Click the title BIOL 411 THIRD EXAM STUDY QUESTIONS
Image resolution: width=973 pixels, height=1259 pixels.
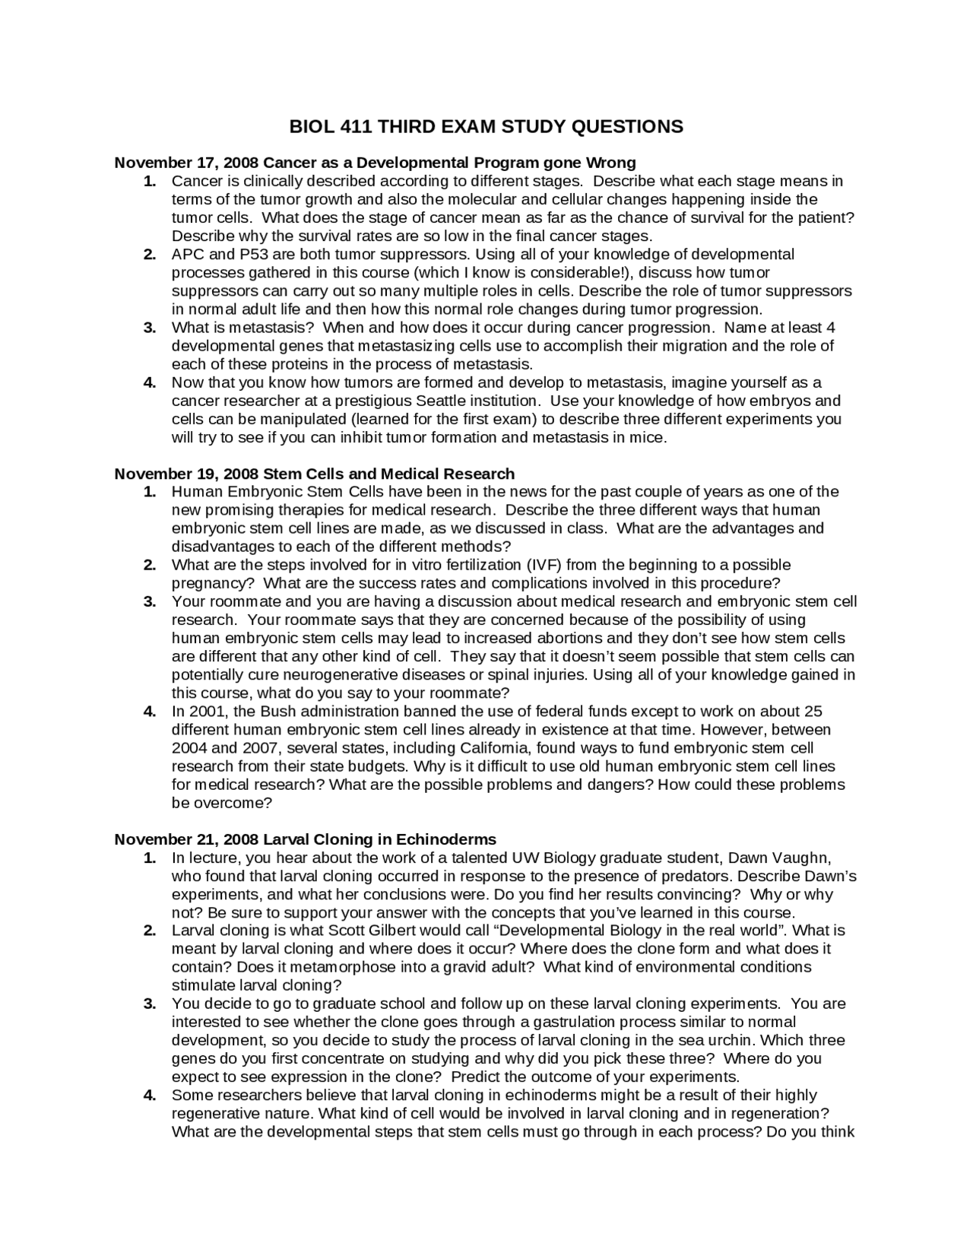(x=486, y=127)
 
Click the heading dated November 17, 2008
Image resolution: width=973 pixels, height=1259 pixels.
(x=375, y=163)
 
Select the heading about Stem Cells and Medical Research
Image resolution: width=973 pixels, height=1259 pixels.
(x=314, y=474)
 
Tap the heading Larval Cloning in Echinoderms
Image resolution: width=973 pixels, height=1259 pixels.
(x=305, y=839)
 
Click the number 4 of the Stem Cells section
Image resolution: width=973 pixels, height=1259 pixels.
(x=150, y=712)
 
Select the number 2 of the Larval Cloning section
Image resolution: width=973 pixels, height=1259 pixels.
(x=150, y=931)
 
